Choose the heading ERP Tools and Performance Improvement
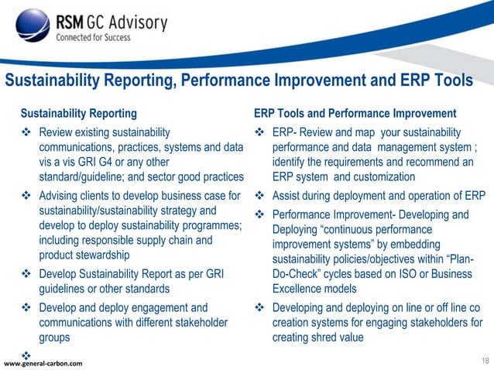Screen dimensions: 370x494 point(355,113)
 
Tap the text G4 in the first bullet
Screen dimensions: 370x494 point(125,161)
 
